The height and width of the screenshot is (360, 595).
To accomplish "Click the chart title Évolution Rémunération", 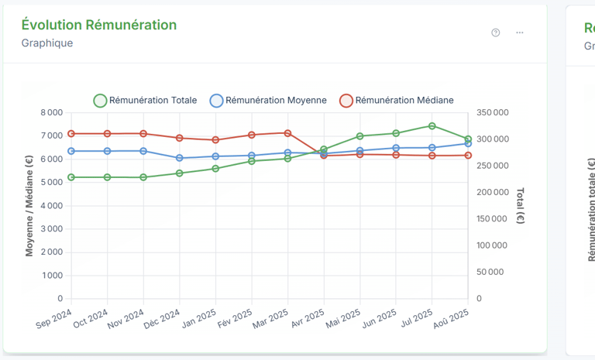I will (99, 25).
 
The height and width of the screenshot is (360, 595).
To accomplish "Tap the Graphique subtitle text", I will (47, 43).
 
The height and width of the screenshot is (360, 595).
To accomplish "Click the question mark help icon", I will (496, 33).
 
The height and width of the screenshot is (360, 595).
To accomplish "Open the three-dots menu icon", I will (520, 33).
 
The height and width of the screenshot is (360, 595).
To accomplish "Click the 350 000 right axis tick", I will (493, 113).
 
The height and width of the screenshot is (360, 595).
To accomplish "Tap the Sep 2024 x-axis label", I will (53, 318).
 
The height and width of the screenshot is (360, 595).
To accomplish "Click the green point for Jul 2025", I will (432, 125).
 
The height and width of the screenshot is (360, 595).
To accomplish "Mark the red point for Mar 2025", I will (287, 133).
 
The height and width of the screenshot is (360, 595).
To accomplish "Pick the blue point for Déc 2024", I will (180, 158).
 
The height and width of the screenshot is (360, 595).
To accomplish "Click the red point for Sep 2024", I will (71, 134).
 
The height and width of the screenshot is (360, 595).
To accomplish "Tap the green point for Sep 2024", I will (71, 177).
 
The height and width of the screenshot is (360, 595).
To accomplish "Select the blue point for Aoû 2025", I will (468, 143).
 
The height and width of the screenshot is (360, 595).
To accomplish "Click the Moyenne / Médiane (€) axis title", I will (29, 205).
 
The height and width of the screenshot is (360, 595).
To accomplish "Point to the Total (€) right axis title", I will (520, 205).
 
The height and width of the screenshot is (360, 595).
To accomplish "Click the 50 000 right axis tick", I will (490, 272).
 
